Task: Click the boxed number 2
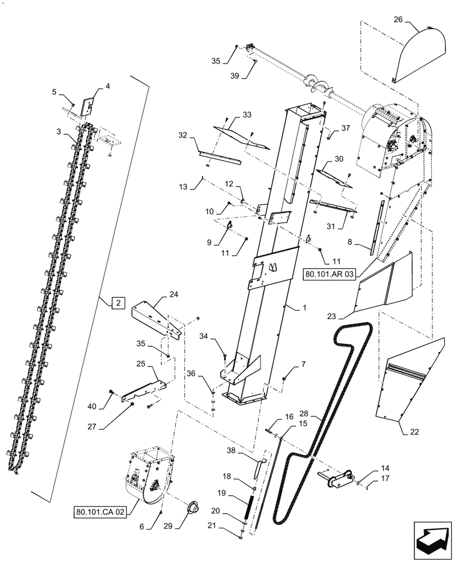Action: (118, 303)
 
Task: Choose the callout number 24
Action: (174, 294)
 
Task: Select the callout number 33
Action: (247, 115)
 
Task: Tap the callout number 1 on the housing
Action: (305, 309)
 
